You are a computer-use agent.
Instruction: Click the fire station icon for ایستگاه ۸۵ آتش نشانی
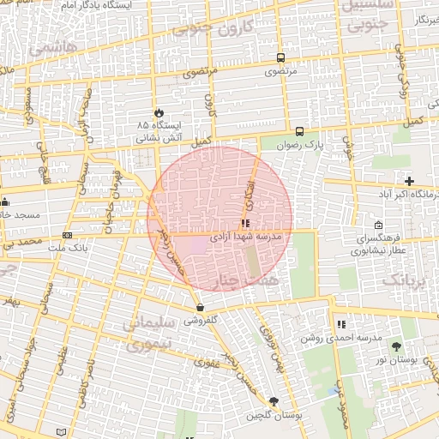pos(159,113)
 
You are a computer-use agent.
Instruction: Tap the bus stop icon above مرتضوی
pos(280,58)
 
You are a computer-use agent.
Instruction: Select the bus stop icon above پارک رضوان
pos(299,131)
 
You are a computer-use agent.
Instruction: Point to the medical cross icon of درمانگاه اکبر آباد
pos(410,181)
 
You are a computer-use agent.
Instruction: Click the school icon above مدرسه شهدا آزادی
pos(247,223)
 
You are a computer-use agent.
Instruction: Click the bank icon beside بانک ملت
pos(68,235)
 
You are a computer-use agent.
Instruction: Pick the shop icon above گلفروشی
pos(200,307)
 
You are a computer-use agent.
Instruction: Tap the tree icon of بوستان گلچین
pos(274,401)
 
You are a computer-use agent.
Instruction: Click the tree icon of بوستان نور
pos(396,346)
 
